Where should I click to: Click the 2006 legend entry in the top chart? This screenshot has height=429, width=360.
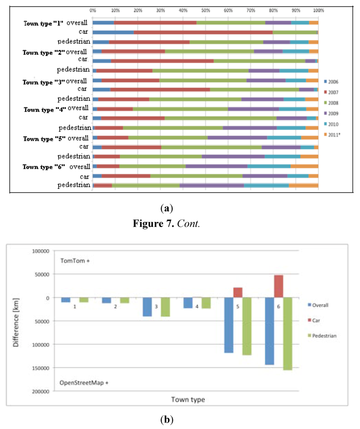333,81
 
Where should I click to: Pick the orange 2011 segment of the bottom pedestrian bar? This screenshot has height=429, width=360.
303,185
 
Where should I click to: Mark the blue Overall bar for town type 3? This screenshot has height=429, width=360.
147,307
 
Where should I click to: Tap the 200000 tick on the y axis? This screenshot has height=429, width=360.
40,391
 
